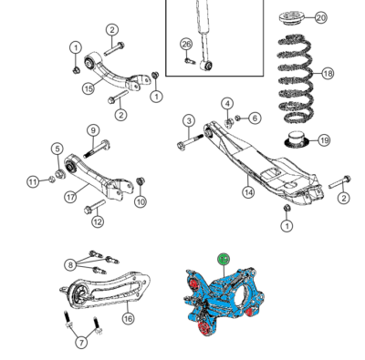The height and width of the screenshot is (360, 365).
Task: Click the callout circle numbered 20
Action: click(x=319, y=17)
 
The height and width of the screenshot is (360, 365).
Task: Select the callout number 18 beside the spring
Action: click(x=328, y=73)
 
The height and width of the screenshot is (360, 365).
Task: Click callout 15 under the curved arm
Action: click(x=89, y=89)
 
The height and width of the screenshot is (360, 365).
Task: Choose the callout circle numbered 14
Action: click(x=248, y=192)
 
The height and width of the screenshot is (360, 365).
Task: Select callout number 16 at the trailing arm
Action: click(x=128, y=318)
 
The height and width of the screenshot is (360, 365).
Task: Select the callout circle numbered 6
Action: click(x=255, y=118)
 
